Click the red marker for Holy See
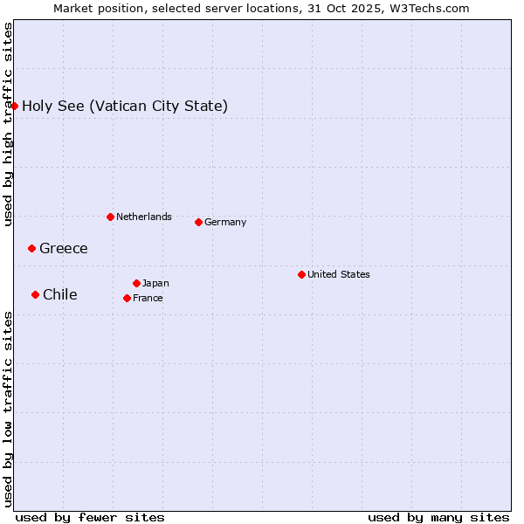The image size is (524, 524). pos(15,106)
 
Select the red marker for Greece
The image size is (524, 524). pos(31,248)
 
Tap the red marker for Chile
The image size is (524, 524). pos(35,294)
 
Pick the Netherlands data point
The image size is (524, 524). pos(110,217)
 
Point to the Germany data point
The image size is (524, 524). pos(198,222)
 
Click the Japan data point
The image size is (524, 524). pos(136,283)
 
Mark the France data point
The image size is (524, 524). pos(127,298)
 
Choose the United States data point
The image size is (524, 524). pos(301,274)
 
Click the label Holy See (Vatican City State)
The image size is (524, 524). pos(125,107)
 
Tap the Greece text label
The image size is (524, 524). pos(64,249)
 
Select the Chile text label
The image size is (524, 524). pos(60,295)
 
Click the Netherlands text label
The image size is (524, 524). pos(144,217)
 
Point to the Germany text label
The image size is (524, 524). pos(225,222)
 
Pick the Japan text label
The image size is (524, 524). pos(155,283)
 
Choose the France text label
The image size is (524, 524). pos(148,298)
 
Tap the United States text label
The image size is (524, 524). pos(339,274)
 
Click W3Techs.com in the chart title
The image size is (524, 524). pos(430,9)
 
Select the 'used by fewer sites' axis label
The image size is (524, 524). pos(90,517)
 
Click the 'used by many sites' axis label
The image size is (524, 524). pos(438,517)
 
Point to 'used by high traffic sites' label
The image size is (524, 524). pos(9,124)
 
